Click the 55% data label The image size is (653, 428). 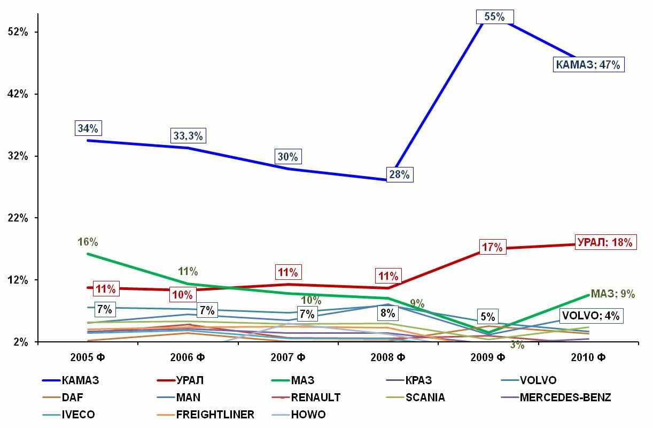[494, 17]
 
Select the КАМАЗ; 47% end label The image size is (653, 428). [588, 65]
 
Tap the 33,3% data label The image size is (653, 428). [188, 136]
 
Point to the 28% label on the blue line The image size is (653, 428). [399, 174]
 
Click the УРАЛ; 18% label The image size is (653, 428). [605, 242]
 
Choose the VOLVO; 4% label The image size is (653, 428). [590, 316]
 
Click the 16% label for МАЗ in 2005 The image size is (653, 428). [88, 242]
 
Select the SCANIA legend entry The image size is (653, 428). [425, 398]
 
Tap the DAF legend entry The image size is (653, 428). [72, 398]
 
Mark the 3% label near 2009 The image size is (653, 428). [517, 346]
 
